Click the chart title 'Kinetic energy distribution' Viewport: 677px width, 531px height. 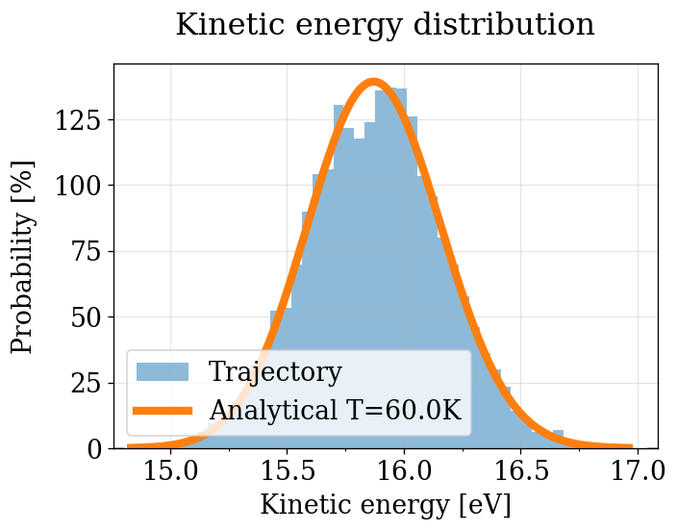coord(385,25)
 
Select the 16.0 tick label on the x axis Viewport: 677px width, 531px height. coord(404,472)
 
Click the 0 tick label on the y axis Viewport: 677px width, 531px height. coord(93,449)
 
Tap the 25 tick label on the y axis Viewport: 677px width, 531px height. coord(87,384)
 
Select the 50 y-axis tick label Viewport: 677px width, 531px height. coord(87,317)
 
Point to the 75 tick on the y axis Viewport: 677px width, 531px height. coord(87,252)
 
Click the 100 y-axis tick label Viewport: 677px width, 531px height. coord(80,186)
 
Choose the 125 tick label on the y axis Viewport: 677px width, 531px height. coord(80,120)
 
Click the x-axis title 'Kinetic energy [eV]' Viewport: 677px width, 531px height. coord(385,505)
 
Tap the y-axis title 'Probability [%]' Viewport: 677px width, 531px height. coord(23,257)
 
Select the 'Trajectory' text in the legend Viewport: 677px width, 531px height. coord(275,372)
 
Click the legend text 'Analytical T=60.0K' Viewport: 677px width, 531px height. coord(336,411)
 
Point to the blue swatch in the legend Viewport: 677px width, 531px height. coord(164,372)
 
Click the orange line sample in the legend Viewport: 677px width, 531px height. coord(164,411)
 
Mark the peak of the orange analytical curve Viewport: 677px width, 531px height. coord(373,82)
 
